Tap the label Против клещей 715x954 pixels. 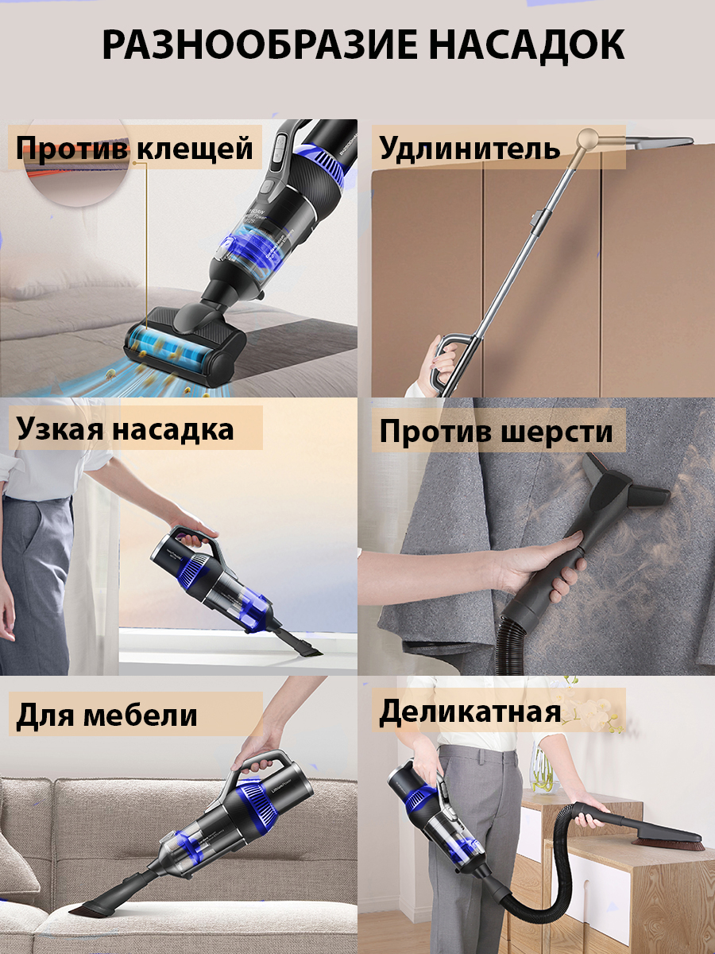[134, 148]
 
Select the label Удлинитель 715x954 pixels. [470, 148]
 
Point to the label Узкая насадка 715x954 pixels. [125, 429]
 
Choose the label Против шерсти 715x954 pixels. [496, 432]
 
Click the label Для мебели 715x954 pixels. [106, 715]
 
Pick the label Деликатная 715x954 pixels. [470, 712]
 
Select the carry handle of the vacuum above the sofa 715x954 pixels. [262, 763]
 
